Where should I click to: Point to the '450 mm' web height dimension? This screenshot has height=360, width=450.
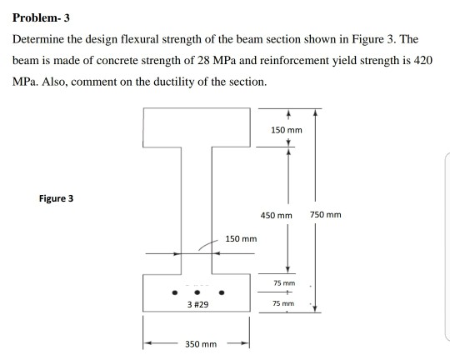pyautogui.click(x=276, y=215)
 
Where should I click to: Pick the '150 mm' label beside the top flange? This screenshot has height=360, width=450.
pyautogui.click(x=287, y=131)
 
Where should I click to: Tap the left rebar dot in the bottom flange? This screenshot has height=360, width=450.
pyautogui.click(x=174, y=292)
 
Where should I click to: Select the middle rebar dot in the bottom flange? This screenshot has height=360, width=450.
pyautogui.click(x=198, y=292)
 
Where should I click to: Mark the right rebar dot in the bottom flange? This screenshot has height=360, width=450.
pyautogui.click(x=222, y=292)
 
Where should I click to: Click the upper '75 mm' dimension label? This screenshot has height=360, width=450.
pyautogui.click(x=285, y=283)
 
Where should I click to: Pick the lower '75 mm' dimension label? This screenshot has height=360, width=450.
pyautogui.click(x=285, y=304)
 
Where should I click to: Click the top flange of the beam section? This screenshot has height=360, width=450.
pyautogui.click(x=197, y=125)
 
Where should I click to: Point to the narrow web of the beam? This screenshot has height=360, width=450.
pyautogui.click(x=197, y=208)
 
